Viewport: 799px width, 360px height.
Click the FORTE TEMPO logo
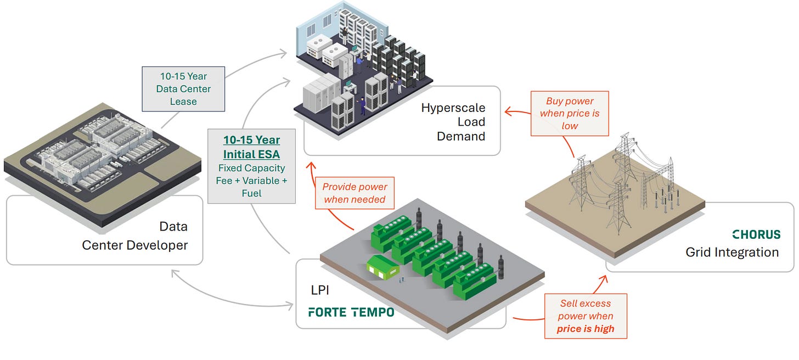tap(351, 312)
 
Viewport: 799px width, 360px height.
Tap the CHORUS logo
tap(756, 234)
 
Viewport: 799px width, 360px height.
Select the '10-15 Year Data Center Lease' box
tap(183, 88)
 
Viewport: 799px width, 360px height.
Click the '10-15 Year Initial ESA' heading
tap(252, 148)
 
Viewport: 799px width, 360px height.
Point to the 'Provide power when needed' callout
tap(355, 193)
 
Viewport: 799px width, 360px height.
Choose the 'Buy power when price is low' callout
tap(570, 113)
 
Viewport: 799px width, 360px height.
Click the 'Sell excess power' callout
tap(586, 316)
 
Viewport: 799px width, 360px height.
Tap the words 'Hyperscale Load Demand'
tap(453, 122)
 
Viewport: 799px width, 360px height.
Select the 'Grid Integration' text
tap(732, 252)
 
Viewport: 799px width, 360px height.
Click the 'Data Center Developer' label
tap(135, 236)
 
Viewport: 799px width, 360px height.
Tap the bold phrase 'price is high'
tap(586, 329)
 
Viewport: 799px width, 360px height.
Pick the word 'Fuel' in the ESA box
tap(252, 193)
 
